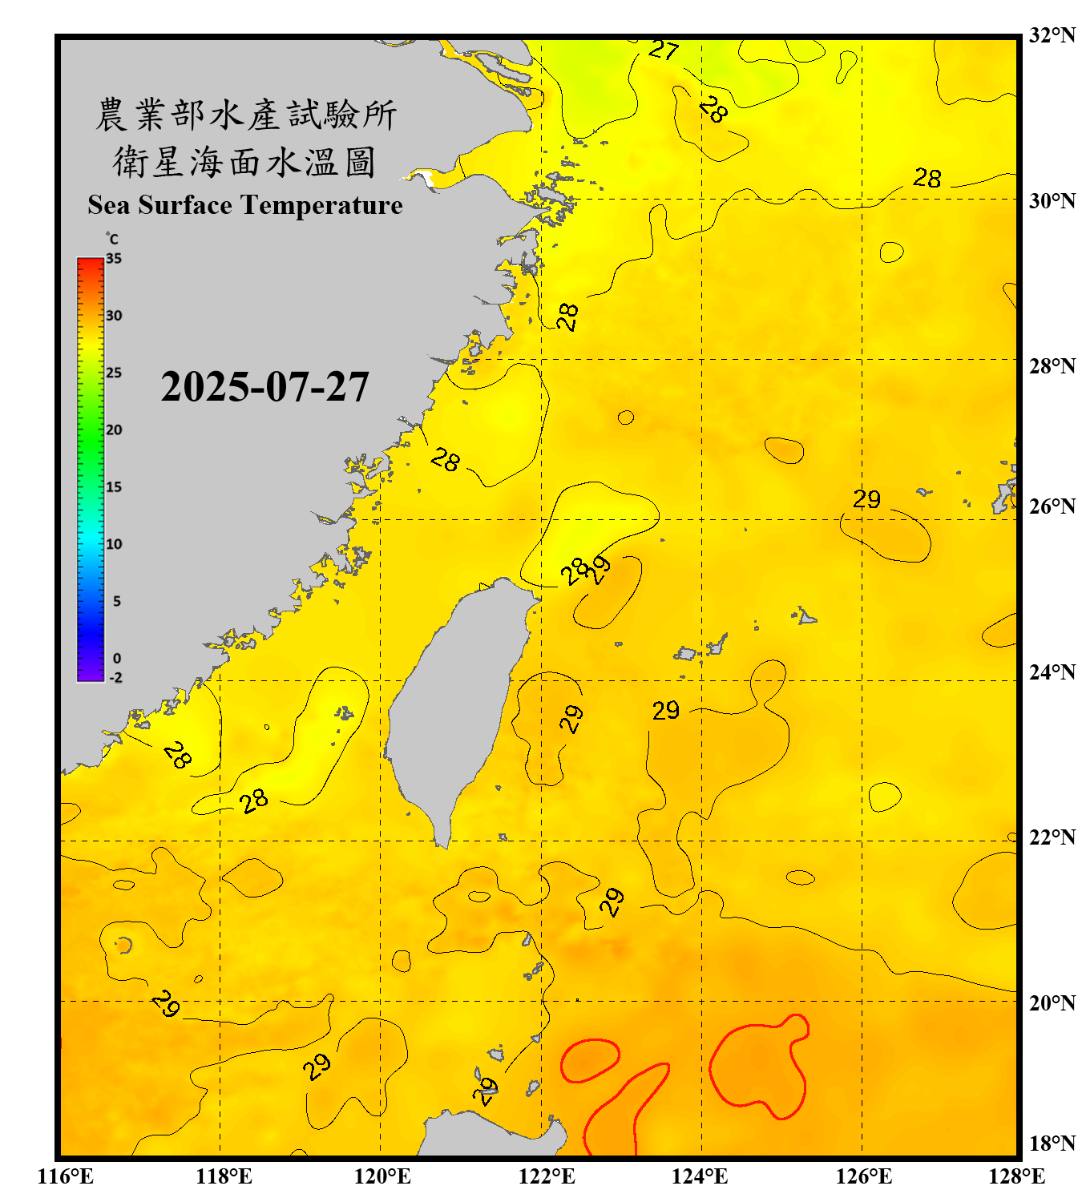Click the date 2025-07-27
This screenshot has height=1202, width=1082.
tap(264, 387)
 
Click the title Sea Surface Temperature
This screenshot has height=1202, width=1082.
tap(244, 205)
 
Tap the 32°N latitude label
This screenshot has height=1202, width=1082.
tap(1052, 35)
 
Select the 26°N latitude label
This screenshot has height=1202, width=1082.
tap(1052, 506)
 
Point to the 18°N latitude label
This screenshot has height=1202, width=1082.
tap(1052, 1144)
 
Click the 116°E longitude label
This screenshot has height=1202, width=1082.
tap(66, 1176)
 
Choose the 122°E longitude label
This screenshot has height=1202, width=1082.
tap(547, 1176)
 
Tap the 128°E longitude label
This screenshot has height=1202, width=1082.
tap(1016, 1176)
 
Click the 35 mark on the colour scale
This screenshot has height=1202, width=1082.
tap(114, 258)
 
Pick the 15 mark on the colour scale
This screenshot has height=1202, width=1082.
tap(114, 487)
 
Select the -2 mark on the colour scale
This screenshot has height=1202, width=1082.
tap(115, 678)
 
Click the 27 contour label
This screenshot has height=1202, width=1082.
tap(664, 50)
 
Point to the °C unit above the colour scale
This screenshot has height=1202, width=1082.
tap(112, 239)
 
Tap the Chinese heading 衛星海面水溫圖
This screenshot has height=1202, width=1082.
tap(244, 163)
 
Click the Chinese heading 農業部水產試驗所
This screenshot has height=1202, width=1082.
tap(245, 115)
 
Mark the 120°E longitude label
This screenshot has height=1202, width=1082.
tap(382, 1176)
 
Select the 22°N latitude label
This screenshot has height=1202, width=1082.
tap(1052, 837)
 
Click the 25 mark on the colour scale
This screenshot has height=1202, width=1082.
tap(114, 373)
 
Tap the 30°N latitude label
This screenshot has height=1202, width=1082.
tap(1052, 200)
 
